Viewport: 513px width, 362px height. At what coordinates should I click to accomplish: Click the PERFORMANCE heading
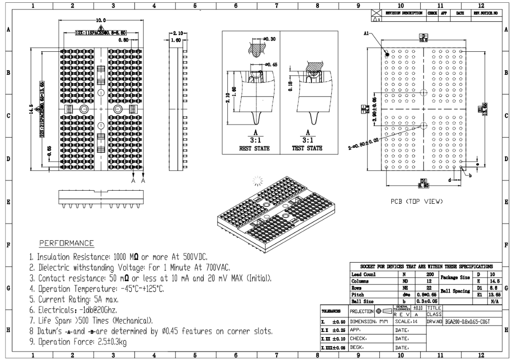pyautogui.click(x=67, y=243)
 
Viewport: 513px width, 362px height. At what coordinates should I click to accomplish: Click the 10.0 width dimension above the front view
pyautogui.click(x=101, y=21)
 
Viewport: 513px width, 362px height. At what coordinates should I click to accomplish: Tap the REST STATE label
pyautogui.click(x=251, y=148)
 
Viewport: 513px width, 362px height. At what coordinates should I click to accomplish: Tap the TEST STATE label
pyautogui.click(x=308, y=148)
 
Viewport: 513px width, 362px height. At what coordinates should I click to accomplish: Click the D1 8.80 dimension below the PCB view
pyautogui.click(x=423, y=183)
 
